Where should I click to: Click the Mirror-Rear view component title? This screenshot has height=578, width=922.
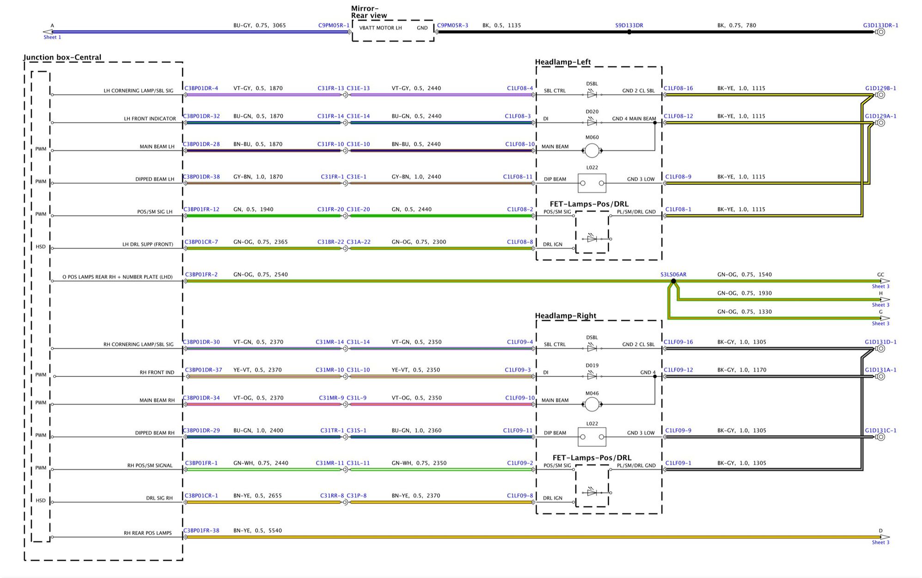coord(369,12)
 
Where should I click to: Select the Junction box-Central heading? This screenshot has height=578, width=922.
coord(62,57)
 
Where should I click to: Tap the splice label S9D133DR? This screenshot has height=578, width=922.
coord(629,25)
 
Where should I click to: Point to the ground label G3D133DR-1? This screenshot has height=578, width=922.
coord(880,25)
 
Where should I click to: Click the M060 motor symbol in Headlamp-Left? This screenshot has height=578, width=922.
coord(592,151)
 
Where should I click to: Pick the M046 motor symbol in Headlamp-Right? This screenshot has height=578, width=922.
coord(592,405)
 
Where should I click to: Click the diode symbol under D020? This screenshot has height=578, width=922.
coord(592,123)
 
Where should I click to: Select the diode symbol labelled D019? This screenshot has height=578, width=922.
coord(592,376)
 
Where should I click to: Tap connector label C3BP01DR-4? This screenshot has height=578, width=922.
coord(201,88)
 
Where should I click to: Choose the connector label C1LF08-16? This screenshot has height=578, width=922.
coord(678,88)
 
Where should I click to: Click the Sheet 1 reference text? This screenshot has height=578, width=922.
coord(52,37)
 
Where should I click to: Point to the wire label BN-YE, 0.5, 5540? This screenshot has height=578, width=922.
coord(257,530)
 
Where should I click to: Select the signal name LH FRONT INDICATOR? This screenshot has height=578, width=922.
coord(150,119)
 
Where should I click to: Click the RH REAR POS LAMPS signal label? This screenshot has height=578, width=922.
coord(147,533)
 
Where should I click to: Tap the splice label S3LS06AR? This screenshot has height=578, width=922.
coord(673,275)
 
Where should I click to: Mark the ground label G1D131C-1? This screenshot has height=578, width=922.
coord(880,430)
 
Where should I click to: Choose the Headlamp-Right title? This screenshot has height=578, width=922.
coord(566,316)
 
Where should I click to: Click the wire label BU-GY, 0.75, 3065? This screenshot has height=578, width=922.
coord(259,25)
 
